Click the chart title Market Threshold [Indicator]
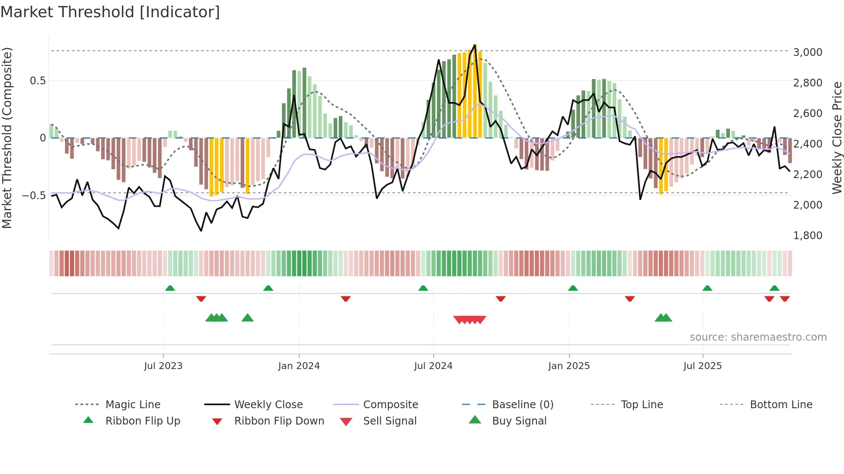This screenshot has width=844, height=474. pos(110,12)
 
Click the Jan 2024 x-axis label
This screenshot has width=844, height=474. pos(299,366)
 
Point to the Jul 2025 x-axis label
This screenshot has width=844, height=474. pos(702,366)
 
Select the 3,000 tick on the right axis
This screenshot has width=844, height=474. pos(807,52)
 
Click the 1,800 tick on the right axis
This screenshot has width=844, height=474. pos(807,236)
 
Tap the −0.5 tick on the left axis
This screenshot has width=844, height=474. pos(34,196)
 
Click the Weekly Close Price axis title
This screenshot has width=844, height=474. pos(837,138)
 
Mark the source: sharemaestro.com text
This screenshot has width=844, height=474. pos(758,337)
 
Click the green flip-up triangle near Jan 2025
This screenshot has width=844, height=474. pos(573,288)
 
